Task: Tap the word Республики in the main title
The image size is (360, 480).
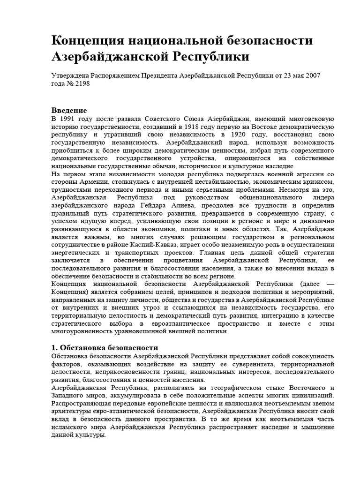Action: [212, 58]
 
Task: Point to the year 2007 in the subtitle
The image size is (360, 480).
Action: [312, 75]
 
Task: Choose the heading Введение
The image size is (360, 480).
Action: [69, 110]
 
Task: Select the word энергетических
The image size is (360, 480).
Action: [76, 253]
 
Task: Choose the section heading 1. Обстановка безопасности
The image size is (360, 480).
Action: [105, 348]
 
